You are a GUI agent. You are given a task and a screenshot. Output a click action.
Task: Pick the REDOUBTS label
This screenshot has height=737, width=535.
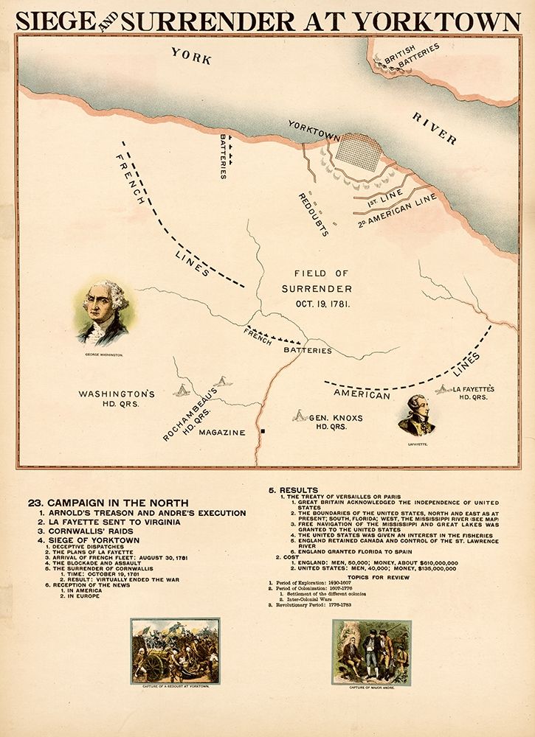pos(313,214)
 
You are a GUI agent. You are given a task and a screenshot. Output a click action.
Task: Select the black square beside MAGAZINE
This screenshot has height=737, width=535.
pos(262,430)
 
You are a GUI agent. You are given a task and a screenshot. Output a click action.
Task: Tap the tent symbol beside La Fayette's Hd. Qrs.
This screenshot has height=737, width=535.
pos(443,388)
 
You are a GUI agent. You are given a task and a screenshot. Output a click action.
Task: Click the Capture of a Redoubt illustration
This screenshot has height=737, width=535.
pos(175,651)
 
